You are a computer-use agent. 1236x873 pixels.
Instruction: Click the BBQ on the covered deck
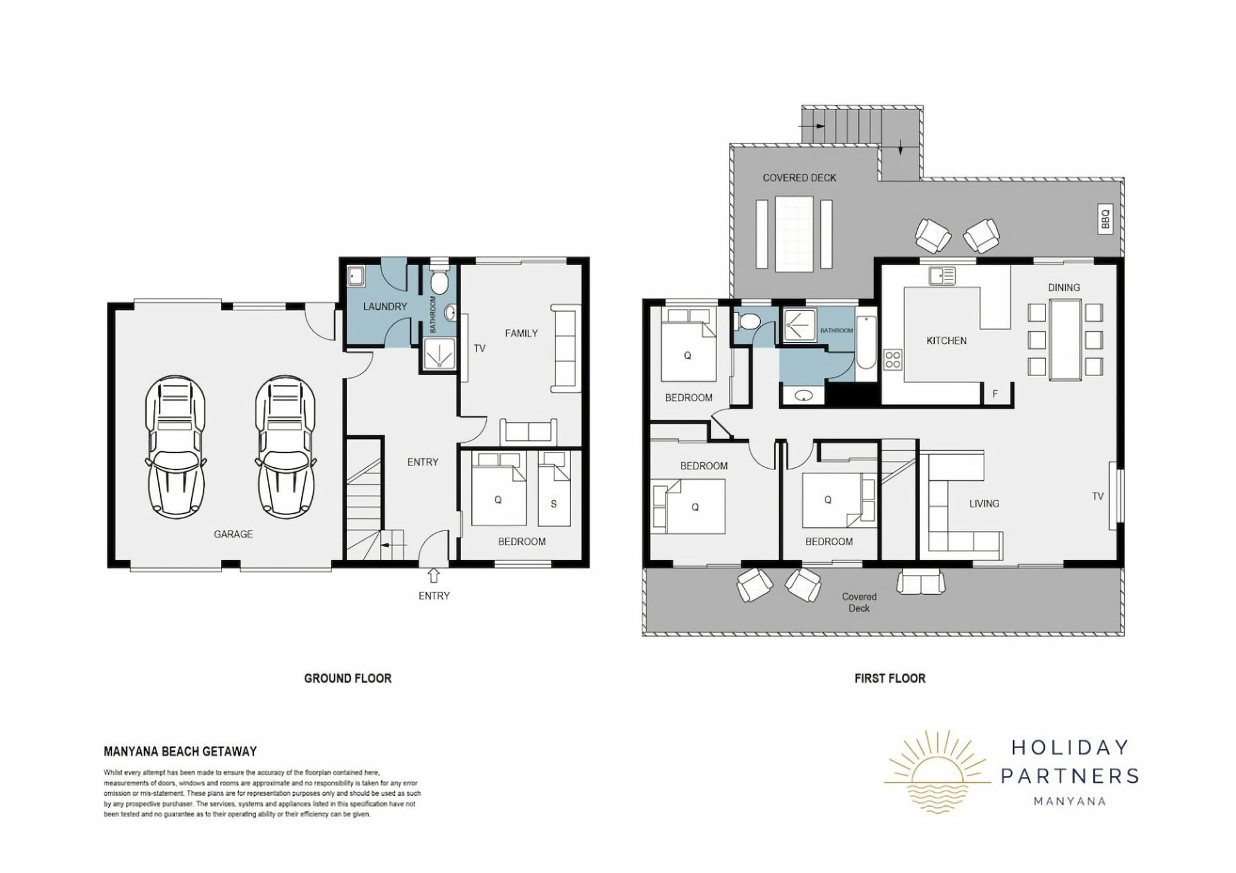(1105, 219)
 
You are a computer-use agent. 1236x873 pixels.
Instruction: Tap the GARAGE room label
(233, 534)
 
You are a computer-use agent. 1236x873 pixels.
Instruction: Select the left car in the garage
(175, 447)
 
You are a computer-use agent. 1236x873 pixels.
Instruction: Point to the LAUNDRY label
(385, 306)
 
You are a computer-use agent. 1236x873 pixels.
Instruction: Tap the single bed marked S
(554, 489)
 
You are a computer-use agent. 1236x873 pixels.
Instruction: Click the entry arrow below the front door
(434, 575)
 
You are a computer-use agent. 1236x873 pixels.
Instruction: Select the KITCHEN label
(946, 341)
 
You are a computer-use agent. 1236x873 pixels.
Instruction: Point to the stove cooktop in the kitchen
(892, 359)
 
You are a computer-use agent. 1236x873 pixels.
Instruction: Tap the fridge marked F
(995, 393)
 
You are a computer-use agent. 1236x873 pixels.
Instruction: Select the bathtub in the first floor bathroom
(866, 342)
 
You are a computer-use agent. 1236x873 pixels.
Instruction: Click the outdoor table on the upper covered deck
(795, 234)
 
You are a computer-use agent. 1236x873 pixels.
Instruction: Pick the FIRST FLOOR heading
(890, 678)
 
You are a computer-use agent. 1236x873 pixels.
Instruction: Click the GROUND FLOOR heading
(348, 678)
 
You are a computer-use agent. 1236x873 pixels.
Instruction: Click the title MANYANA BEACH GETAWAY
(180, 751)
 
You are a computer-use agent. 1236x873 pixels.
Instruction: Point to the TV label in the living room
(1098, 496)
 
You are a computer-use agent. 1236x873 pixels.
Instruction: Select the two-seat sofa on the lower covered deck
(921, 582)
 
